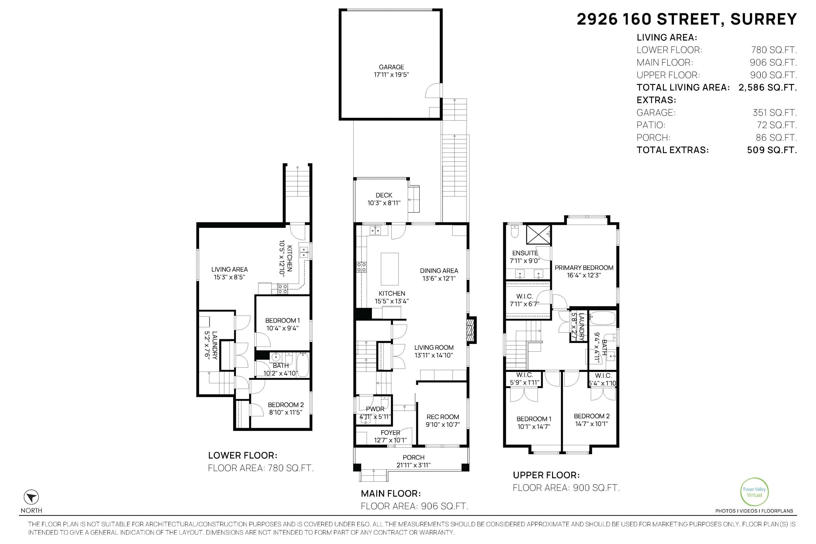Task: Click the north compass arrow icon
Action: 31,497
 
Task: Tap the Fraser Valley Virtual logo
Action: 754,492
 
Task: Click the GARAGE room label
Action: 391,67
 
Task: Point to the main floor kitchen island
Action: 390,269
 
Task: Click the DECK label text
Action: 384,195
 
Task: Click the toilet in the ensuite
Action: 515,231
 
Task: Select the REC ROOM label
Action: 443,417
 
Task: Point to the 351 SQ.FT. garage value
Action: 774,112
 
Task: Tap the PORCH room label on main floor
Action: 413,457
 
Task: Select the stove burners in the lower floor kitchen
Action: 282,289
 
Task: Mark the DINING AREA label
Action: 439,271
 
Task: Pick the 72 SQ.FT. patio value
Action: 777,125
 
